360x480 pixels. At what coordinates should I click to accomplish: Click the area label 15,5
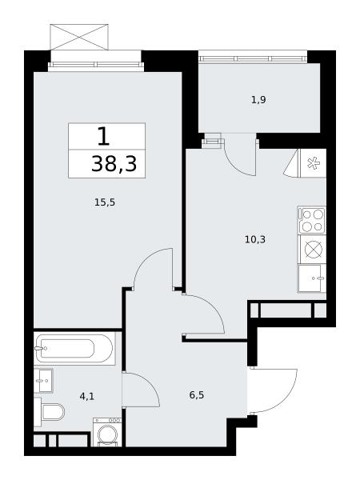pos(105,202)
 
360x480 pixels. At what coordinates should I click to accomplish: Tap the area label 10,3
pos(255,239)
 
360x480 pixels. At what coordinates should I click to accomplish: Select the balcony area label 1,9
pos(258,100)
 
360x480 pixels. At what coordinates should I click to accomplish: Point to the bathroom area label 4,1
pos(87,397)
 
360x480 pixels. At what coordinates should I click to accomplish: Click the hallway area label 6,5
pos(197,395)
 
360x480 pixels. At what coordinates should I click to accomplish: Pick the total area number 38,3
pos(114,164)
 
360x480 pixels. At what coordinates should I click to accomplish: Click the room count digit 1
pos(103,136)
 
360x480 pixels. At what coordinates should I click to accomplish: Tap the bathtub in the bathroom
pos(74,348)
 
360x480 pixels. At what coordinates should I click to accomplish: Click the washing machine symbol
pos(107,432)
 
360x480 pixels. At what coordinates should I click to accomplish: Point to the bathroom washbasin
pos(43,381)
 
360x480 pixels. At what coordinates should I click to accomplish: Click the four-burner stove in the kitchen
pos(312,220)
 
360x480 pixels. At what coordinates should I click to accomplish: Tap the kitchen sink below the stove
pos(312,278)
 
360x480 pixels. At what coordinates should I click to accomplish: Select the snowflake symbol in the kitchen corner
pos(313,163)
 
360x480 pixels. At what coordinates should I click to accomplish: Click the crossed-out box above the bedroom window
pos(79,37)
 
